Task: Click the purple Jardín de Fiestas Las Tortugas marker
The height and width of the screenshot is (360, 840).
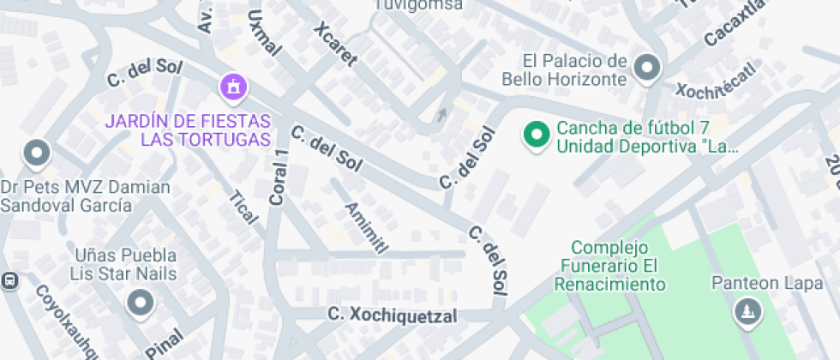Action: click(232, 87)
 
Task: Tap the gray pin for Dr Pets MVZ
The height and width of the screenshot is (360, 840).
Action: click(36, 155)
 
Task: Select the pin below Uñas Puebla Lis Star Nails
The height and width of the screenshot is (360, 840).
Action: click(140, 303)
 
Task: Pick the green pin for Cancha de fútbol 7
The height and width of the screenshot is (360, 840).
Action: click(537, 135)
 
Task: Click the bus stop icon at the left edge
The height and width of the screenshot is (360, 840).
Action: click(9, 281)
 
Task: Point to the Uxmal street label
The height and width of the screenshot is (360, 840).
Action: click(263, 33)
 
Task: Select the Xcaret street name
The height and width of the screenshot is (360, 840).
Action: click(335, 44)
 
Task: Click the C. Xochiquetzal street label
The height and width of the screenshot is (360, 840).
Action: click(393, 315)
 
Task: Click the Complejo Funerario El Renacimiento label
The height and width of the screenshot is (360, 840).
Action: click(609, 265)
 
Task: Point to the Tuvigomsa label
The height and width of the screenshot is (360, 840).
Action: click(420, 5)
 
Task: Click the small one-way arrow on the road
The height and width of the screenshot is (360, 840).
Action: click(442, 114)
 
